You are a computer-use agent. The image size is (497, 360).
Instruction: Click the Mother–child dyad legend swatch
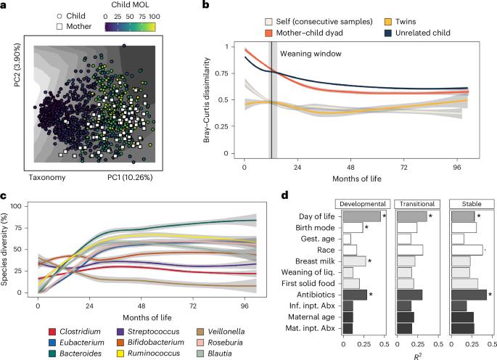point(248,34)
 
